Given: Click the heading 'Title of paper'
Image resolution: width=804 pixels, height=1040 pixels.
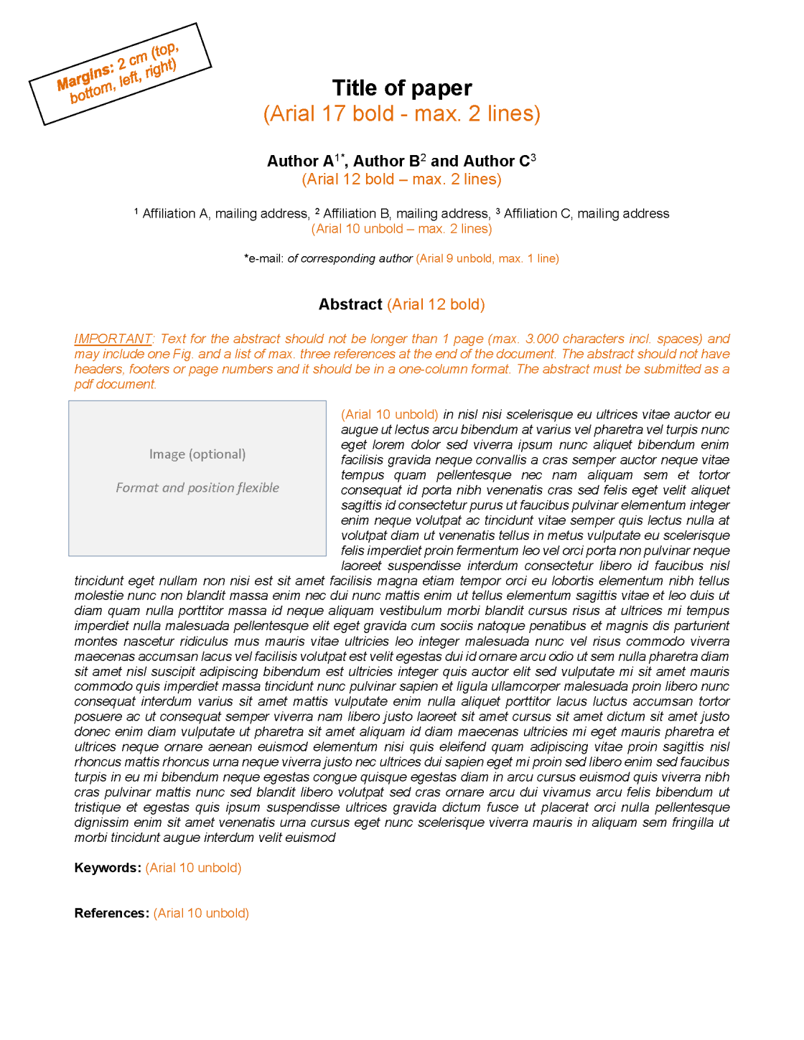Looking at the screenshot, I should coord(402,88).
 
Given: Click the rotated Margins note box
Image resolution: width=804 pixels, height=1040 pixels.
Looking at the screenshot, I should coord(120,74).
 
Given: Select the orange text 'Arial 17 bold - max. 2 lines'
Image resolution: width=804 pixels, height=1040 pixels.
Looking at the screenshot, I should coord(402,113).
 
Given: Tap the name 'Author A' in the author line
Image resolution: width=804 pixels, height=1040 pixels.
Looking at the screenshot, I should coord(300,161).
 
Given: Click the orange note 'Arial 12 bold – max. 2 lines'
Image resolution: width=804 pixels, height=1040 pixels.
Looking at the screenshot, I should coord(401,179).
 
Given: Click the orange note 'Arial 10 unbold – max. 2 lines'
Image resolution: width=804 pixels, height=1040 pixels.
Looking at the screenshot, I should coord(401,229).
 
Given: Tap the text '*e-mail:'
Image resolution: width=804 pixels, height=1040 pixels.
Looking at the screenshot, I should coord(263,258).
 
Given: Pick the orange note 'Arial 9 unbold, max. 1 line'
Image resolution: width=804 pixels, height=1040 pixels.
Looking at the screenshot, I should coord(487,258).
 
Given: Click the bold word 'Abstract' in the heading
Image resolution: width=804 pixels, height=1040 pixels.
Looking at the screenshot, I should coord(350,304).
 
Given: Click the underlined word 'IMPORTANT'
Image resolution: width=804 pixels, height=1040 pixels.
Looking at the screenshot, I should coord(113,339).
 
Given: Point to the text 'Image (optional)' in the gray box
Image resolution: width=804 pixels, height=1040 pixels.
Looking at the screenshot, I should coord(197,454).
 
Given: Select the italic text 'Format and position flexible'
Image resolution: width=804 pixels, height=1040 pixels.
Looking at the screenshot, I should coord(197,488).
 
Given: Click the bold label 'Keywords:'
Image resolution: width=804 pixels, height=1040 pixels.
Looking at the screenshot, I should coord(108,868).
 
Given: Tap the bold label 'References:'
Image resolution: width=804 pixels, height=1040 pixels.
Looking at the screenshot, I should coord(111,913).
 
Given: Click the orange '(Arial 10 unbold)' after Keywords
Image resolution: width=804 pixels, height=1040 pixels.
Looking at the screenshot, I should coord(193,868).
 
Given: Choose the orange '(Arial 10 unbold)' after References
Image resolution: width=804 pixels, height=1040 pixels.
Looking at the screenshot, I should coord(201,913).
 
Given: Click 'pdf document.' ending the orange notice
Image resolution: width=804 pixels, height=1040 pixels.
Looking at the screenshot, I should coord(115,384).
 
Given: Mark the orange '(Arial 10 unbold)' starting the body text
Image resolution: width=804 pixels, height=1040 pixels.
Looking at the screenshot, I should coord(389,414).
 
